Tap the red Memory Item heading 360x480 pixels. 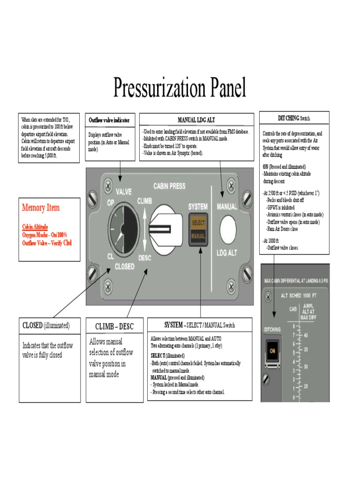[41, 208]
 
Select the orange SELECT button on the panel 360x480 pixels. [198, 223]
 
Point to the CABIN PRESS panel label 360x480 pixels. [169, 186]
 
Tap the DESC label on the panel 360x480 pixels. [145, 257]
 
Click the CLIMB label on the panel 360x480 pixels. [145, 201]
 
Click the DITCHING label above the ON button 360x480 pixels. [273, 330]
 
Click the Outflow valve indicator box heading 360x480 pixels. [109, 120]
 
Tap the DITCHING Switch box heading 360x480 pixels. [294, 118]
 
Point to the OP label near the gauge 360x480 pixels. [111, 202]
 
